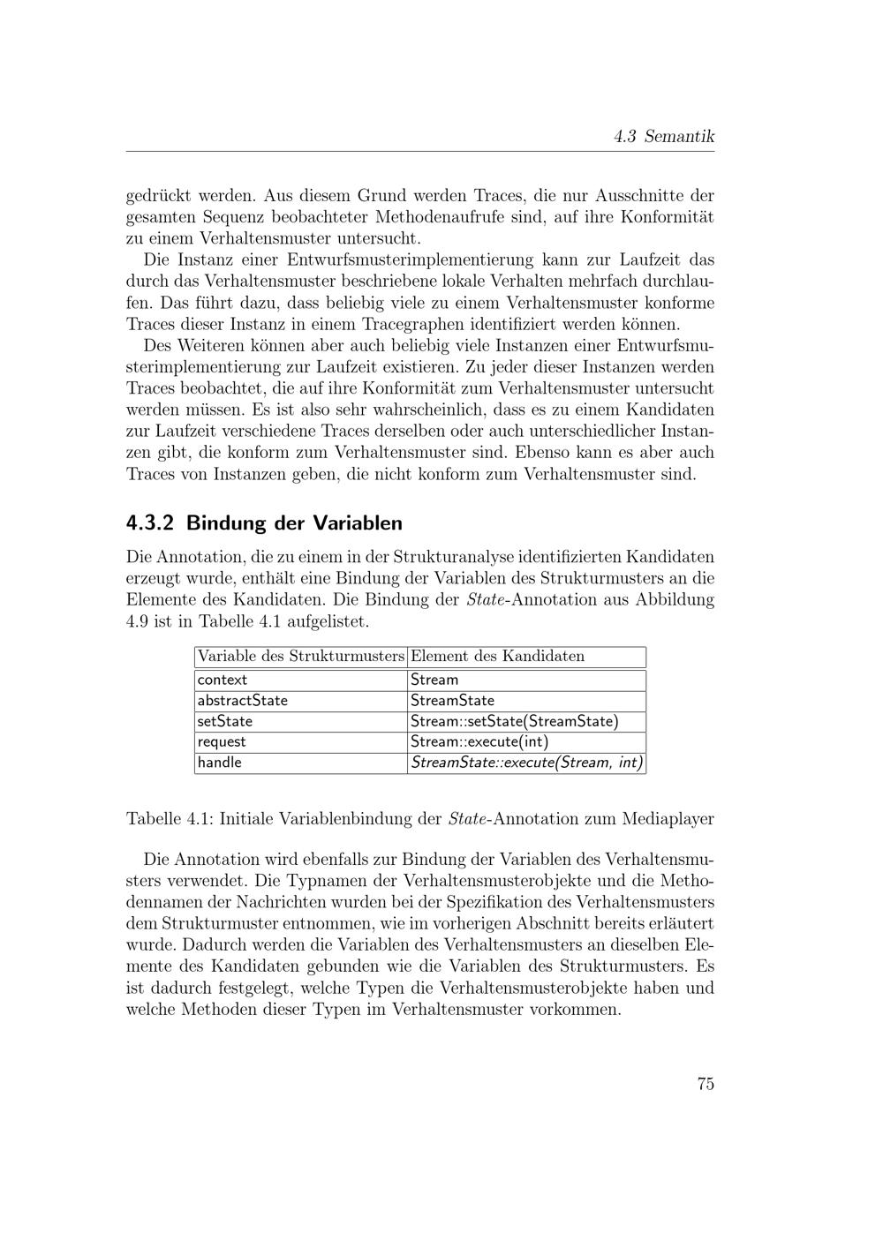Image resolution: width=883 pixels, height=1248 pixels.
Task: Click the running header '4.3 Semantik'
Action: (x=664, y=137)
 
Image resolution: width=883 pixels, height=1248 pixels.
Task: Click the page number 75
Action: (x=705, y=1085)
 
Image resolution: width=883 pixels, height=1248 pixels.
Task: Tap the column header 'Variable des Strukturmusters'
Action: (x=300, y=657)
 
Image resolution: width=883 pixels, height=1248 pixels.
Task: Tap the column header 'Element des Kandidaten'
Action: (x=497, y=657)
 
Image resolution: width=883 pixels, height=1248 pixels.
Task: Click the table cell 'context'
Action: (x=223, y=680)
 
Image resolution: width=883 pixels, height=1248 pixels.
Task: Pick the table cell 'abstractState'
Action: (x=243, y=701)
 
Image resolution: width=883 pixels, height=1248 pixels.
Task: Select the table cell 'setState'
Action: (x=225, y=721)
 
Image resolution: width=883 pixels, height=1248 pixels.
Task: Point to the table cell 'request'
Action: (x=222, y=742)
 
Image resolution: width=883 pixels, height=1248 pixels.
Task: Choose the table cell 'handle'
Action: (x=220, y=763)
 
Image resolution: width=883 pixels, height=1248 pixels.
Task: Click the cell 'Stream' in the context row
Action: (x=434, y=680)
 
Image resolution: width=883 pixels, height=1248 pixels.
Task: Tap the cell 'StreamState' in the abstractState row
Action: (x=452, y=701)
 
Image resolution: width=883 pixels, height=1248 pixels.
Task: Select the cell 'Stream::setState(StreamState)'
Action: (x=514, y=721)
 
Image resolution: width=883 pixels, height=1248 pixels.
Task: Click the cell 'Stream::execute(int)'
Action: (x=479, y=742)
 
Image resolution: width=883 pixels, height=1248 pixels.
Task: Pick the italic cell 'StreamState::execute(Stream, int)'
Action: (x=526, y=763)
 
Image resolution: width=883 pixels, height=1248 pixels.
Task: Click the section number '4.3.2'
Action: (x=152, y=523)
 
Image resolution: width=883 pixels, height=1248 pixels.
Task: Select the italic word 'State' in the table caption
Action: (x=468, y=818)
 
